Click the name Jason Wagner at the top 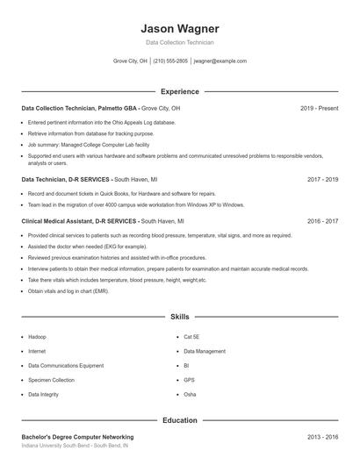(179, 29)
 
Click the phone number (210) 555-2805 (170, 61)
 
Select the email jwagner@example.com (220, 61)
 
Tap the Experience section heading (179, 91)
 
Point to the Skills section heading (179, 316)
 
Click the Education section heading (179, 420)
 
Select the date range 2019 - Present (319, 108)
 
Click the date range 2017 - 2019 (322, 179)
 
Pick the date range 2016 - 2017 (322, 222)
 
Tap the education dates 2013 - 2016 (322, 436)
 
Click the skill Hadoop (37, 337)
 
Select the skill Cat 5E (191, 337)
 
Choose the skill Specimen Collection (51, 380)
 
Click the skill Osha (190, 395)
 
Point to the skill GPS (189, 380)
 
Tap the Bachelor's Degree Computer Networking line (77, 436)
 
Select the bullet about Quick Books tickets (109, 193)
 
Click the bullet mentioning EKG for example (87, 247)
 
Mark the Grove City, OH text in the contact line (130, 61)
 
